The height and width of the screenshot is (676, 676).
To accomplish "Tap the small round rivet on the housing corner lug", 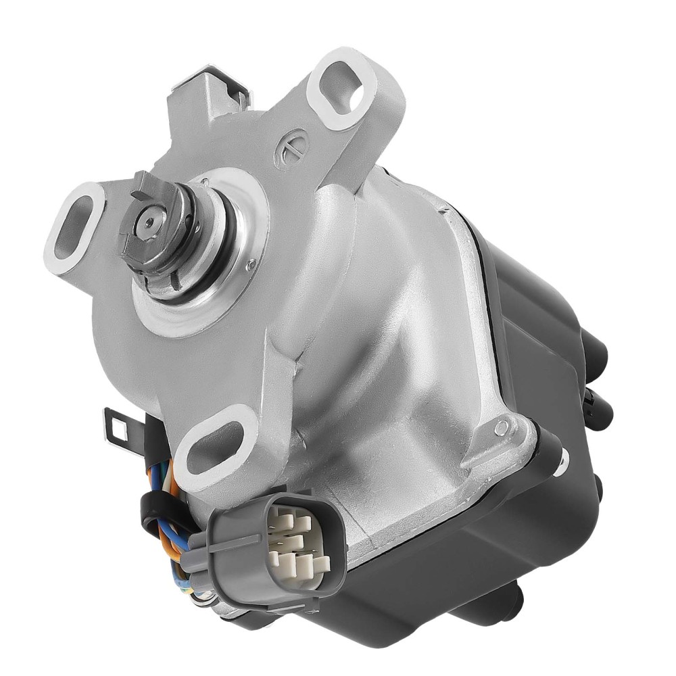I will [501, 427].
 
